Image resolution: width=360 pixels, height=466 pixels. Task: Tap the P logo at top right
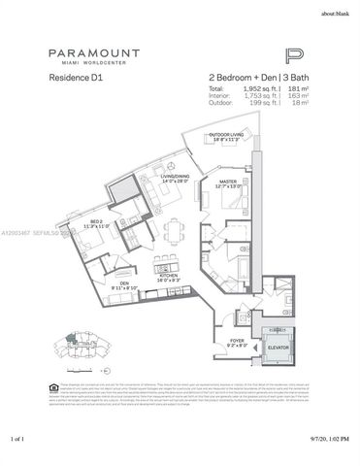[296, 56]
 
